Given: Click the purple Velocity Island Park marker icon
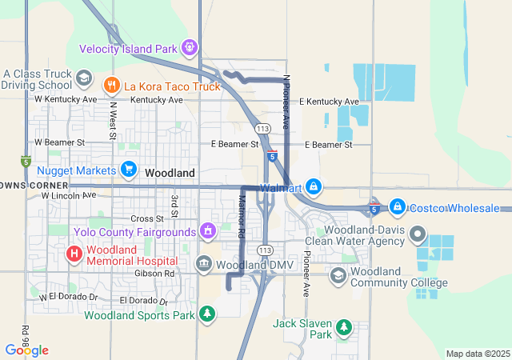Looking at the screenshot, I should [x=190, y=48].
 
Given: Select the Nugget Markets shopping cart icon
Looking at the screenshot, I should [x=128, y=169].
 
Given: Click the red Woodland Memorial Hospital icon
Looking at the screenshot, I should [x=74, y=254].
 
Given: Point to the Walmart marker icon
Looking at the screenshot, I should [x=314, y=187].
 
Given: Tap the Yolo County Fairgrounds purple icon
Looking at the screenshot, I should [x=208, y=232].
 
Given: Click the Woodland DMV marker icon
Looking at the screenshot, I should [x=203, y=264].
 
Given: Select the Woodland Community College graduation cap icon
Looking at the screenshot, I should [x=338, y=275].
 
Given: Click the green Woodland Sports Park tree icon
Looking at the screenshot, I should [x=207, y=313].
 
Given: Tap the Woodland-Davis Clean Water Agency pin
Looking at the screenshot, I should [x=417, y=234].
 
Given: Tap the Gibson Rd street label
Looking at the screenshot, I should [x=158, y=273].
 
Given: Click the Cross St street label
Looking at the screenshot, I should [x=146, y=218].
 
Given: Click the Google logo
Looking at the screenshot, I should [x=26, y=350].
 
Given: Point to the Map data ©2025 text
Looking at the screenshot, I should [x=477, y=354].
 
